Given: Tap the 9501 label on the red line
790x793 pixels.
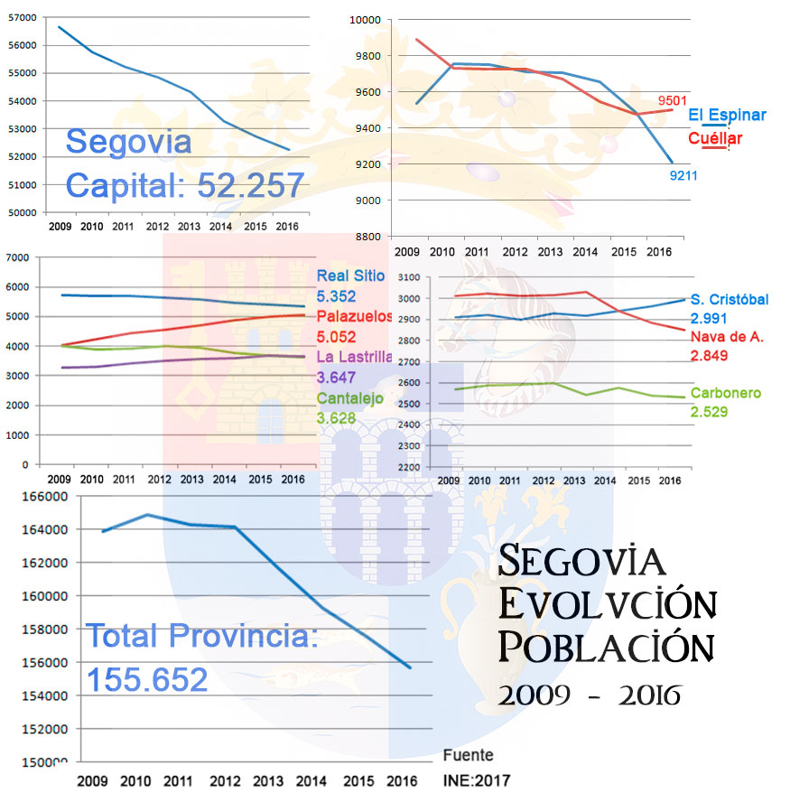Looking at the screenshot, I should pos(674,101).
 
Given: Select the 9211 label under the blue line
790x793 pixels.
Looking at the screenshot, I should pos(683,175).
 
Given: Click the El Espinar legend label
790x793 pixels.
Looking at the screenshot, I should pos(727,116).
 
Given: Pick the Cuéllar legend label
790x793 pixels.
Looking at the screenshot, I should pos(714,139).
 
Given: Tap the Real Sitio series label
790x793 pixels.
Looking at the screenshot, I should pos(350,276).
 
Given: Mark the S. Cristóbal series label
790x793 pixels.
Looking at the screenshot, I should pos(730,300).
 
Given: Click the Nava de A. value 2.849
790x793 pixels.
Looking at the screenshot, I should pos(709,356).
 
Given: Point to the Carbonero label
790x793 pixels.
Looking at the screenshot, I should pos(725,394).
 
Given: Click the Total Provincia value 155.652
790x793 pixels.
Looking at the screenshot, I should pos(146,680).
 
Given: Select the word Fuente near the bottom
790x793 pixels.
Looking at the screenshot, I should pos(468,755).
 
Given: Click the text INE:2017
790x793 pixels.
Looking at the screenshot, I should pos(470,779).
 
